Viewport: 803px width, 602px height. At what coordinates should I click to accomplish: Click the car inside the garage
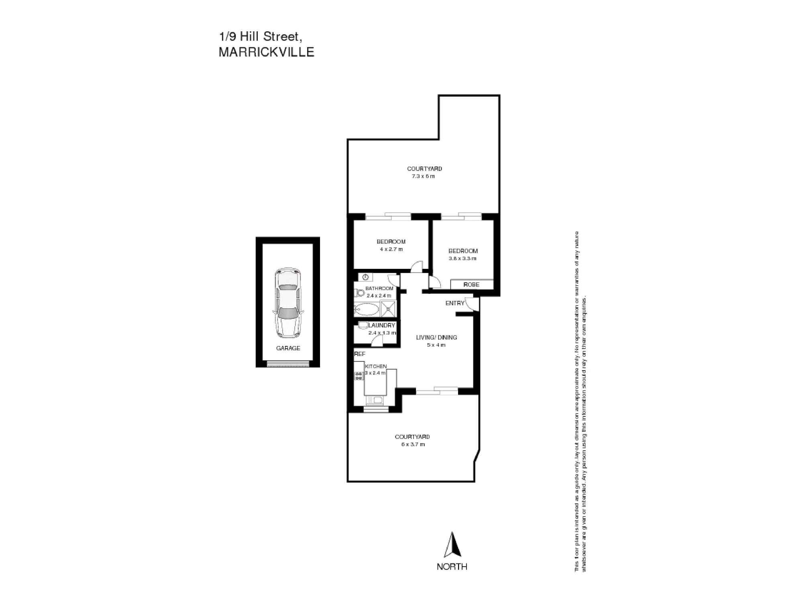[288, 303]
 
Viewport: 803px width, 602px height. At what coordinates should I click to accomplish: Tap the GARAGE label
[288, 348]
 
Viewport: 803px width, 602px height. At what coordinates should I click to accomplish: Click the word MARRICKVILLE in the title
[266, 52]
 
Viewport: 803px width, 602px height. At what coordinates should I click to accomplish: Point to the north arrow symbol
[452, 545]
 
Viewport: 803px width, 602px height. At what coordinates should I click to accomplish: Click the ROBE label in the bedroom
[471, 285]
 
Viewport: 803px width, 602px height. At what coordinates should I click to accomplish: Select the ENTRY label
[454, 303]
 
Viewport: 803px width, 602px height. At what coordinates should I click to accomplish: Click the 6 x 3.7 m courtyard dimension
[412, 444]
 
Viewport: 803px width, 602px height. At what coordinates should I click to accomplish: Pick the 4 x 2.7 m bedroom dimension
[391, 249]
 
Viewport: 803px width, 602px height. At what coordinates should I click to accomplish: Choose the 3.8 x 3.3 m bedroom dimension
[463, 258]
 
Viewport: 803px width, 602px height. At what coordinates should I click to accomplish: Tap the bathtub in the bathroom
[366, 310]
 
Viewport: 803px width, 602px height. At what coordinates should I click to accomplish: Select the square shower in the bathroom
[388, 308]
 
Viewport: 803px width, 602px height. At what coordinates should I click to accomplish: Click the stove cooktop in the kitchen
[359, 376]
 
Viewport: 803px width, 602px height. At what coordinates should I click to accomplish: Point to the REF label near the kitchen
[360, 354]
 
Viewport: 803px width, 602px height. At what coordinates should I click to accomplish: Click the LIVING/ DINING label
[436, 338]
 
